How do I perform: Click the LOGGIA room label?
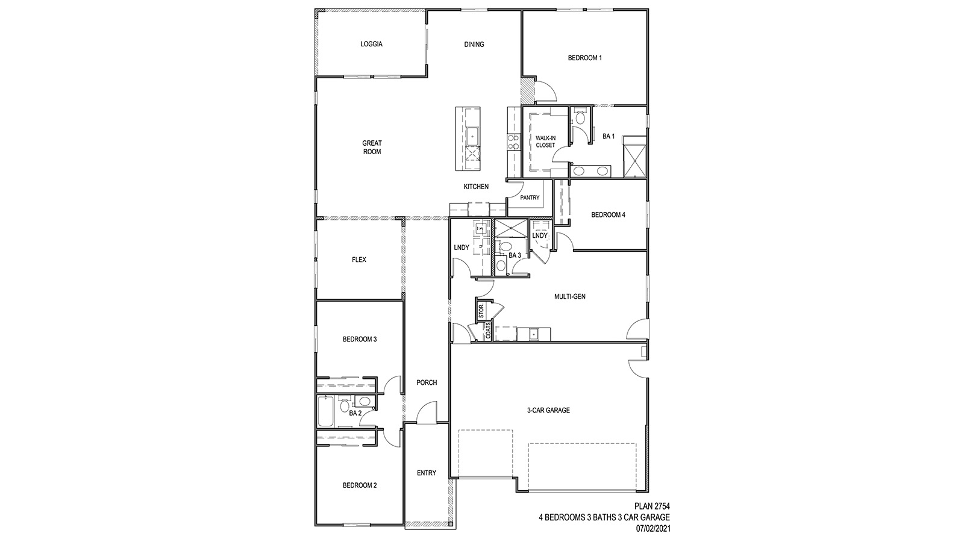pyautogui.click(x=371, y=44)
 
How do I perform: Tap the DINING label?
pyautogui.click(x=474, y=44)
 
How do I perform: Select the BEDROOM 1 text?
pyautogui.click(x=584, y=58)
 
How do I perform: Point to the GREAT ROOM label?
pyautogui.click(x=372, y=148)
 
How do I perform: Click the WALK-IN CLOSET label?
pyautogui.click(x=545, y=142)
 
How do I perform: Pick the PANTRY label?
pyautogui.click(x=530, y=198)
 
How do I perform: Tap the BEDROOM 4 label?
pyautogui.click(x=608, y=215)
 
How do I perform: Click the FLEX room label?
pyautogui.click(x=359, y=260)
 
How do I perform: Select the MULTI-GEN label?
pyautogui.click(x=569, y=296)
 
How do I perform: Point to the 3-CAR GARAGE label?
pyautogui.click(x=548, y=411)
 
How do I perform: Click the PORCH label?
pyautogui.click(x=427, y=382)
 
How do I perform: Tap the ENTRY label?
pyautogui.click(x=427, y=473)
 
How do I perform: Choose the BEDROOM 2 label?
pyautogui.click(x=360, y=485)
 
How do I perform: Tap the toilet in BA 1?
pyautogui.click(x=580, y=118)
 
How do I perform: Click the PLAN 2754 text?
pyautogui.click(x=653, y=506)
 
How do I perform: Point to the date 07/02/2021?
pyautogui.click(x=653, y=529)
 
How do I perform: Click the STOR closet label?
pyautogui.click(x=481, y=311)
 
